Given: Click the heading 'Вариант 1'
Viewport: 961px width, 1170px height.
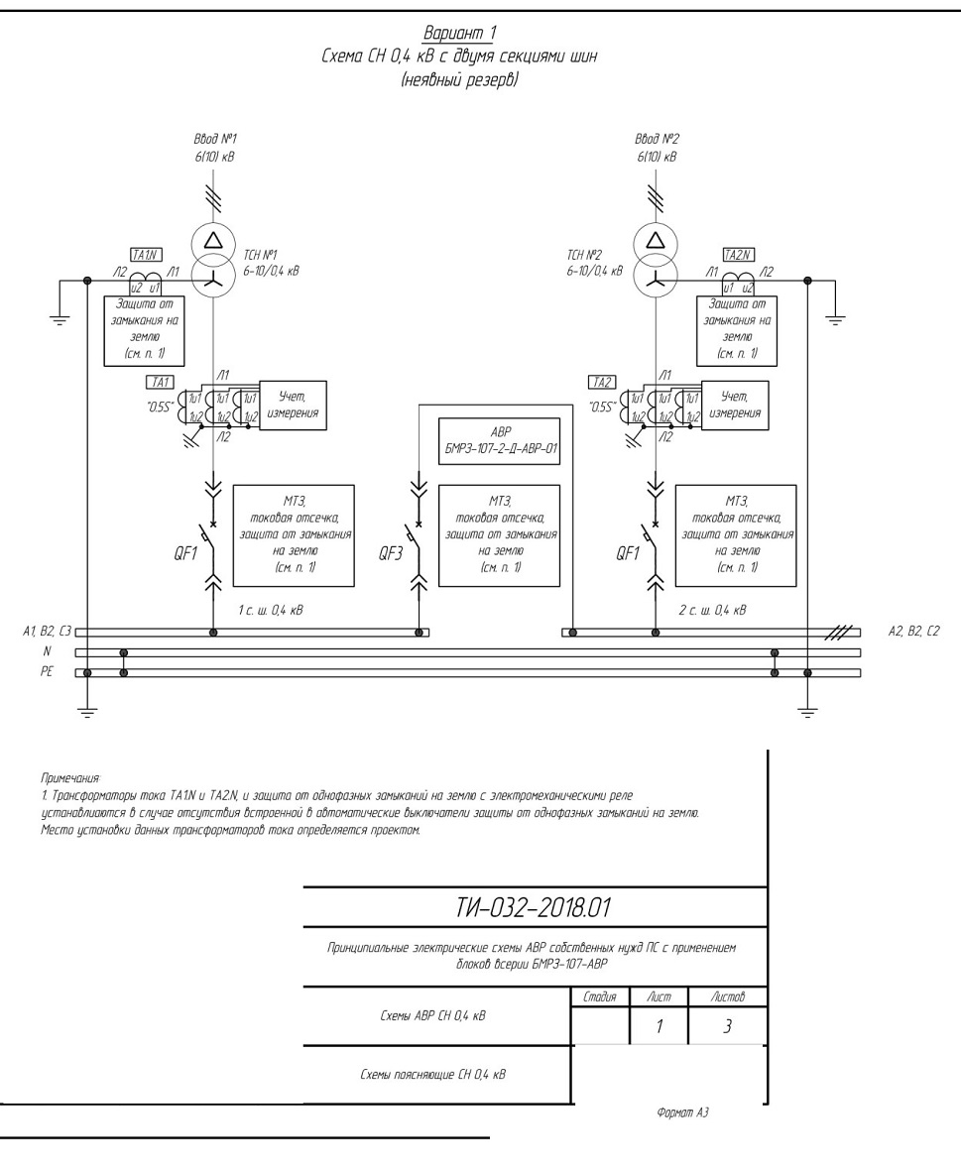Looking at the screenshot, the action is tap(459, 33).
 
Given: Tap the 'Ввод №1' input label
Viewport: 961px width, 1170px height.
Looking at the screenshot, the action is tap(215, 139).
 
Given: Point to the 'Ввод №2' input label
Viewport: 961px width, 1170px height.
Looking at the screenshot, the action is tap(657, 139).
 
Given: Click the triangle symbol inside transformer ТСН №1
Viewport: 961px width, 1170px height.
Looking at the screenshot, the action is tap(214, 240).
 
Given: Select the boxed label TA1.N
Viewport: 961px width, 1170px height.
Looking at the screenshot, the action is tap(146, 255).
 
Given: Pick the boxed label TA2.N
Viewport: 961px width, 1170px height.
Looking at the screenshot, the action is tap(739, 255).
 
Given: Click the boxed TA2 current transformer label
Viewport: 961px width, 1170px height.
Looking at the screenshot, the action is tap(602, 383).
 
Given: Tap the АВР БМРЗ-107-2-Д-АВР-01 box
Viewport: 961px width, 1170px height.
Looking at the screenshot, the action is tap(499, 441).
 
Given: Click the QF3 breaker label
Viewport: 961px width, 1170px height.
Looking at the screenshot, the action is tap(390, 553).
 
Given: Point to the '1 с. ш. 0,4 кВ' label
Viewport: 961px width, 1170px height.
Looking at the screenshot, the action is tap(271, 610).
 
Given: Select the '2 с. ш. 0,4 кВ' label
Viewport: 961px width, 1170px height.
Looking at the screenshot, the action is tap(712, 610).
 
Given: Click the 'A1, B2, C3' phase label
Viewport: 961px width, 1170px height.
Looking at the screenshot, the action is tap(47, 632).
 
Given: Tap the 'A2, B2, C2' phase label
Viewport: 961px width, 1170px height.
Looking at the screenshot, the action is tap(914, 632).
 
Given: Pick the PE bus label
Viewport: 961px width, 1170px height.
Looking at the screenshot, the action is tap(47, 672).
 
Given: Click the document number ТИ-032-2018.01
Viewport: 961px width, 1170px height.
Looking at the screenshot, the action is tap(534, 908).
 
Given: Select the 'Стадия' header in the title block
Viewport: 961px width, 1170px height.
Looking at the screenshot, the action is tap(600, 996).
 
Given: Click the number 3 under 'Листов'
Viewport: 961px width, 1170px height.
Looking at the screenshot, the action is tap(728, 1027).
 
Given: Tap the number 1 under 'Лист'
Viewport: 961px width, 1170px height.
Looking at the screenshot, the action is tap(659, 1027).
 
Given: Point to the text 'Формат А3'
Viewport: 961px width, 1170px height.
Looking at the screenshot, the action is tap(682, 1113).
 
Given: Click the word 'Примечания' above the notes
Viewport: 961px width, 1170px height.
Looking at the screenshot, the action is tap(69, 779).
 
